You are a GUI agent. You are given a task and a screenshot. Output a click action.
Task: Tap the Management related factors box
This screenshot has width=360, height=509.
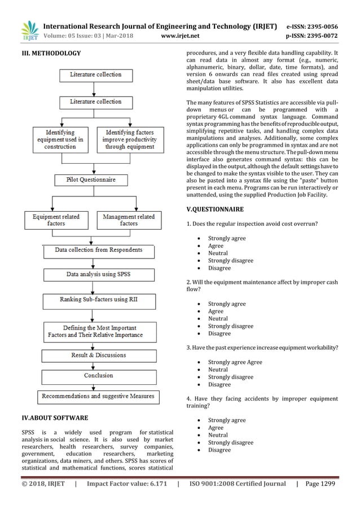click(129, 220)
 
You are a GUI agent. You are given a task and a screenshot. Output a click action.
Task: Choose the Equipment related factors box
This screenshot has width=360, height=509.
click(56, 220)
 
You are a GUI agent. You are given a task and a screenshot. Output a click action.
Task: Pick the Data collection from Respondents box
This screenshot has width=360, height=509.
click(98, 250)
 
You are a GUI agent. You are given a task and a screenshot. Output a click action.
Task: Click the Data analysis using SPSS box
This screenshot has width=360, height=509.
click(98, 275)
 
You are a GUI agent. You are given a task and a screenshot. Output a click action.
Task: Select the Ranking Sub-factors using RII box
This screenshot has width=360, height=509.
click(98, 300)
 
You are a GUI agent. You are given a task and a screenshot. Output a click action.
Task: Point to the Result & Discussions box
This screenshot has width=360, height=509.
click(98, 356)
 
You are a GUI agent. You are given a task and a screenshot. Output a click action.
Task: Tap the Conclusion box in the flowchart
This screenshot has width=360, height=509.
click(98, 375)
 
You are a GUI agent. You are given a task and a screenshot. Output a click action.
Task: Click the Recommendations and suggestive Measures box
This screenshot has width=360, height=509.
click(98, 396)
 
